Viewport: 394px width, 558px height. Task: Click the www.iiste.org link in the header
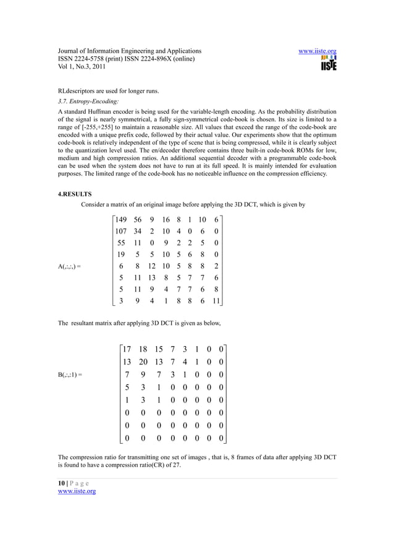pos(317,51)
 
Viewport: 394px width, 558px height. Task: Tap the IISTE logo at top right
pos(328,64)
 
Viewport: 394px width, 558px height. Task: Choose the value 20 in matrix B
pos(143,362)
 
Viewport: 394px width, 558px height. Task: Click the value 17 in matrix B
pos(127,350)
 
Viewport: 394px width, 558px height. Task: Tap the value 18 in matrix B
pos(143,350)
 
